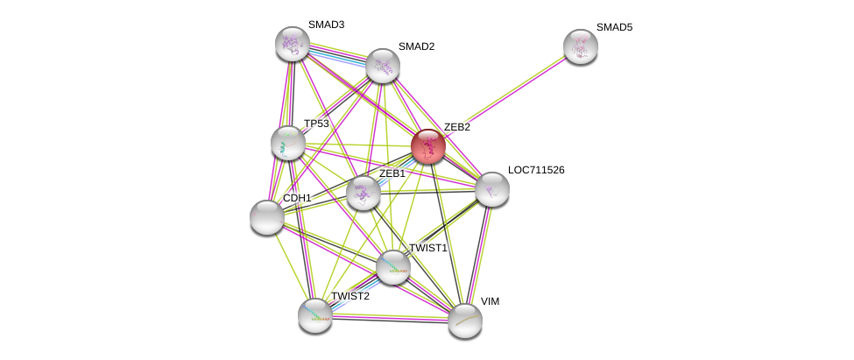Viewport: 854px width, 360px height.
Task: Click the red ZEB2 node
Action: coord(428,146)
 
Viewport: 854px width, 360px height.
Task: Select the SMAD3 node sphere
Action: coord(293,43)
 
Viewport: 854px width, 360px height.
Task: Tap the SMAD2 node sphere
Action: coord(383,65)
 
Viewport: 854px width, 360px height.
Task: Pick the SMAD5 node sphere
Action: coord(580,46)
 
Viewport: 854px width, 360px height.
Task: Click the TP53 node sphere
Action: coord(287,143)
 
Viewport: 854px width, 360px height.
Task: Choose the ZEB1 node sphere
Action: coord(363,193)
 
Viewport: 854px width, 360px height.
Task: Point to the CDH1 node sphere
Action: coord(266,216)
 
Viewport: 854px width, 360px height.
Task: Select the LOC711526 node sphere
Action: coord(491,188)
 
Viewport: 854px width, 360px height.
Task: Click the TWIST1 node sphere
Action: coord(392,267)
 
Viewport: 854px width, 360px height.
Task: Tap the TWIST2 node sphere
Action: coord(314,315)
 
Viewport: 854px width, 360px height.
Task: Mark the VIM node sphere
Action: coord(464,320)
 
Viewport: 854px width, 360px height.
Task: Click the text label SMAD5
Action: coord(614,27)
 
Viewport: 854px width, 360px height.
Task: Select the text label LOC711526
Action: coord(536,170)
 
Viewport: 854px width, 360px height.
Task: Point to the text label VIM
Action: coord(490,301)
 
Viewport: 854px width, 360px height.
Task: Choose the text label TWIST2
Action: coord(350,296)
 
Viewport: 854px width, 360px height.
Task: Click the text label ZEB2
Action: coord(456,127)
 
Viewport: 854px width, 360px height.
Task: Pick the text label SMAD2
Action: coord(416,46)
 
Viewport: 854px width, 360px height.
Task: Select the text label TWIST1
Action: coord(428,248)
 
